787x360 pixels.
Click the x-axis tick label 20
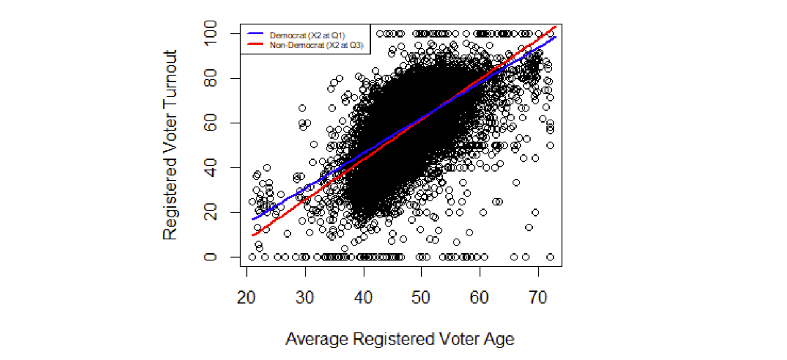pos(246,297)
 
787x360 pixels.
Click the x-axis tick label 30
pos(305,297)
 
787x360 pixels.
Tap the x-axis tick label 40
pos(363,297)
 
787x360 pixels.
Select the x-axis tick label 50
pos(421,297)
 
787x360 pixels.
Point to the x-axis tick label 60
pos(479,297)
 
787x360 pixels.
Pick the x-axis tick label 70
pos(538,297)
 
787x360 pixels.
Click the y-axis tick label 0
pos(210,257)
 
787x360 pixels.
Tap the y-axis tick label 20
pos(210,212)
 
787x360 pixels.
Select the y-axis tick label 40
pos(210,168)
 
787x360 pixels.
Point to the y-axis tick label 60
pos(210,123)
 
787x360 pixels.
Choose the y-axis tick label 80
pos(210,78)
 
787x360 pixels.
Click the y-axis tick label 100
pos(210,33)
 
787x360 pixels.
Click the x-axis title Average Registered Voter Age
pos(400,339)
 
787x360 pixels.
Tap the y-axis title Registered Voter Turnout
pos(170,145)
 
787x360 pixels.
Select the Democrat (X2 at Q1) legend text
pos(307,35)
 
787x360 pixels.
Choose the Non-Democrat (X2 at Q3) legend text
pos(316,45)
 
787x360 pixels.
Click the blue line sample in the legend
pos(255,34)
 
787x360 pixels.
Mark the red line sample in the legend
pos(255,44)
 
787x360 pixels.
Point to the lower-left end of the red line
pos(253,235)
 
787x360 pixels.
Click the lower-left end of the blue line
pos(253,219)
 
